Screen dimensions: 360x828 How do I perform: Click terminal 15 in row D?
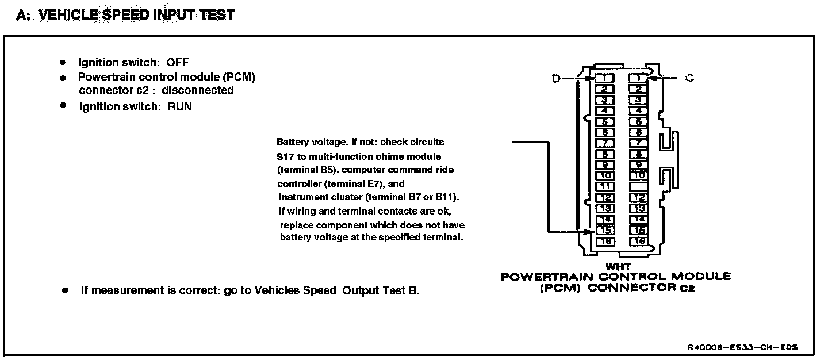pos(605,231)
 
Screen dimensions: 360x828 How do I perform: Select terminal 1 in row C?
pos(638,78)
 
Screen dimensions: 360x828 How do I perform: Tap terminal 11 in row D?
pos(605,187)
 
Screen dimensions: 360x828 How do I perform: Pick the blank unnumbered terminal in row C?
pos(638,187)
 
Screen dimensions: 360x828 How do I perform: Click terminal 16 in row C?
pos(638,242)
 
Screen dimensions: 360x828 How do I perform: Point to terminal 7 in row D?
pos(605,143)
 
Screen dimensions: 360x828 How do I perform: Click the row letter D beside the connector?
pos(556,79)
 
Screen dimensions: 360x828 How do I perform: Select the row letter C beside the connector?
pos(689,78)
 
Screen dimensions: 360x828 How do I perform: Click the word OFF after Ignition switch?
pos(178,63)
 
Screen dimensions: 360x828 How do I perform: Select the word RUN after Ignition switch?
pos(180,106)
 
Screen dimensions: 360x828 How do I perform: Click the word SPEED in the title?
pos(126,15)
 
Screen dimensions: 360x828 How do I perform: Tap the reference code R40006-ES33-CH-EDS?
pos(742,348)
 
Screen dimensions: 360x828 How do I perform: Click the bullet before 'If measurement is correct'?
pos(66,290)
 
